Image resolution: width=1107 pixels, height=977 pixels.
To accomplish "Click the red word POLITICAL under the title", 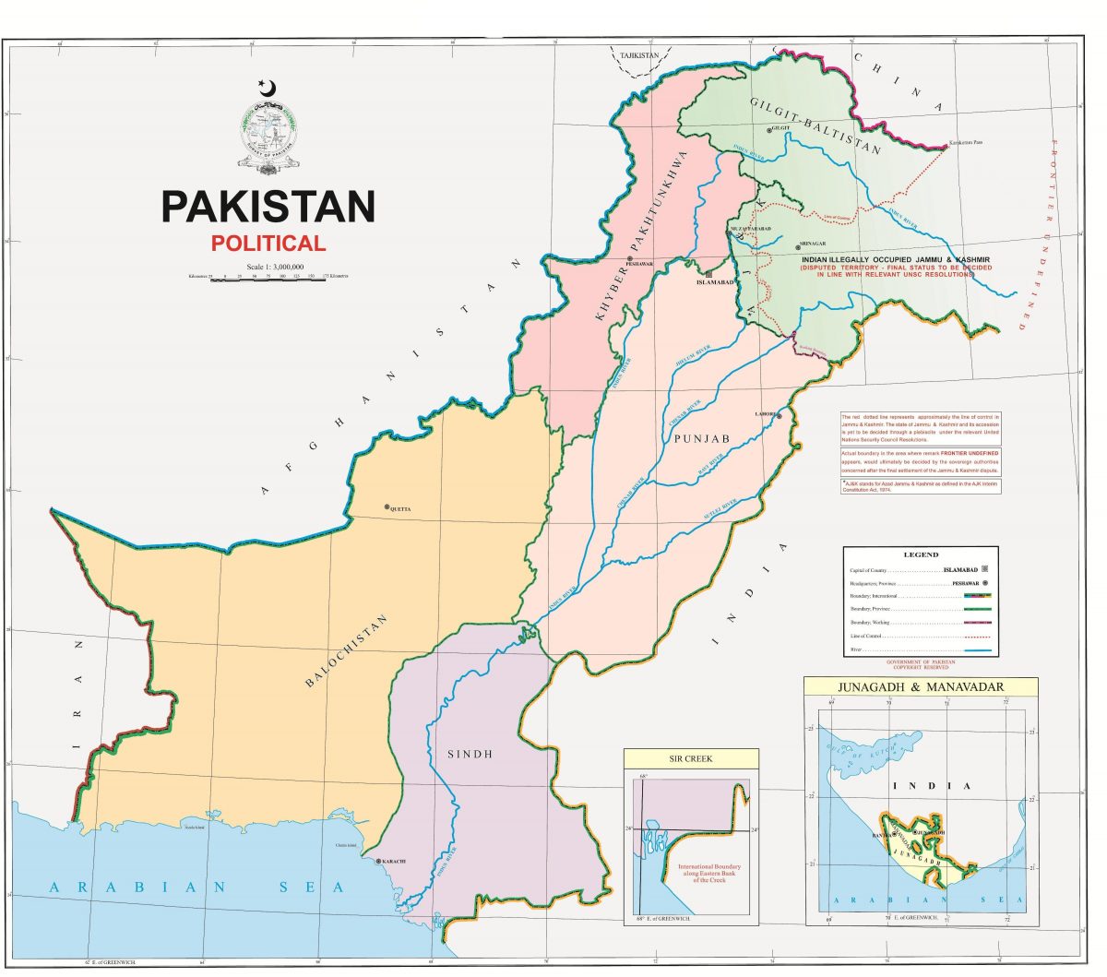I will pyautogui.click(x=268, y=244).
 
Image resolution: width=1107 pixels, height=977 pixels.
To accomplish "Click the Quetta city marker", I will pyautogui.click(x=387, y=507).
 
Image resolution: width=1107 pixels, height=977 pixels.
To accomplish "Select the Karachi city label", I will pyautogui.click(x=392, y=862).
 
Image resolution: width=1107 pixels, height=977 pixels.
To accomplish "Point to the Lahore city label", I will pyautogui.click(x=765, y=415).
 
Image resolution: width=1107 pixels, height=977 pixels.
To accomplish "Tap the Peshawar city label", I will pyautogui.click(x=638, y=264).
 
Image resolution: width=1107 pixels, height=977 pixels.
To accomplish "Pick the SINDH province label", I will pyautogui.click(x=470, y=754).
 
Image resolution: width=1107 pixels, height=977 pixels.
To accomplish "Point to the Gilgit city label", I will pyautogui.click(x=782, y=128).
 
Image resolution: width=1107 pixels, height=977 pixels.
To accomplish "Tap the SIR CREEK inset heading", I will pyautogui.click(x=691, y=758).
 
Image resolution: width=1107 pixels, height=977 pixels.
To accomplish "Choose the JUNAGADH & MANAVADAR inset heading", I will pyautogui.click(x=920, y=687).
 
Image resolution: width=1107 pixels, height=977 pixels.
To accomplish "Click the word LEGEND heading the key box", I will pyautogui.click(x=920, y=554).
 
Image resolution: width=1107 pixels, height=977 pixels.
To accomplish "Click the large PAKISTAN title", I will pyautogui.click(x=268, y=207).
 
